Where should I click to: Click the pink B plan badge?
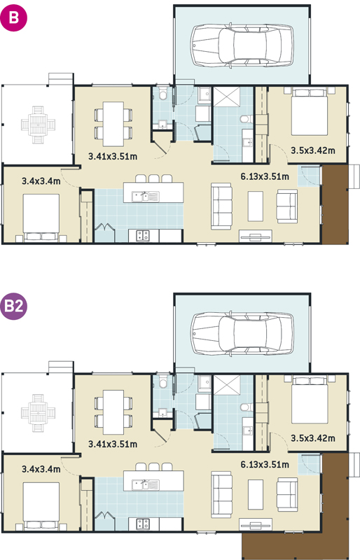(x=13, y=17)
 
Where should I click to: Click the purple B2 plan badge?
(x=13, y=306)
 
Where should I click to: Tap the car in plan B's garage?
(x=242, y=45)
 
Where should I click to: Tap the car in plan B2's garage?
(x=242, y=334)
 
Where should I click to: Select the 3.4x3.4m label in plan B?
(x=41, y=181)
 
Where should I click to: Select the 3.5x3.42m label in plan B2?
(x=313, y=438)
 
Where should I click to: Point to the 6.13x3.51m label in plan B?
(x=265, y=176)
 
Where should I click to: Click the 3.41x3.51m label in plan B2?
(x=113, y=444)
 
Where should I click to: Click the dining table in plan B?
(x=113, y=124)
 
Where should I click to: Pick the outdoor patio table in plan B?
(x=39, y=125)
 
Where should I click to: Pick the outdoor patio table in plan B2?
(x=39, y=413)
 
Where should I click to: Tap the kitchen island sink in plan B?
(x=145, y=197)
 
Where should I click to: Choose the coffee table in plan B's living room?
(x=255, y=206)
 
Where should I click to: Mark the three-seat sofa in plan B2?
(x=221, y=495)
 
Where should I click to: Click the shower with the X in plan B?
(x=227, y=97)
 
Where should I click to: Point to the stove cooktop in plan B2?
(x=144, y=524)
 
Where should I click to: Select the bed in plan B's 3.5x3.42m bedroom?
(x=310, y=111)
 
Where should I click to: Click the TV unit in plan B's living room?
(x=256, y=237)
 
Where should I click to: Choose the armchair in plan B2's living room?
(x=287, y=495)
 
